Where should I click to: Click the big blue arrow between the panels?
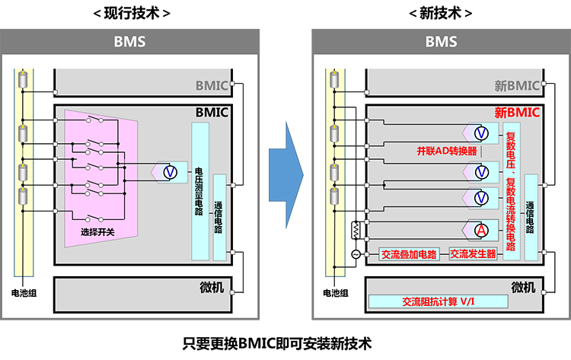pos(286,175)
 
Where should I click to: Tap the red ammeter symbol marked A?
pos(481,230)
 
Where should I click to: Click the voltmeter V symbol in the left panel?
pos(170,172)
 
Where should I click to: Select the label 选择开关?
pos(97,232)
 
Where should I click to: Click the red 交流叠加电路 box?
pos(409,254)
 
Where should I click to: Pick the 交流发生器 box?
pos(473,253)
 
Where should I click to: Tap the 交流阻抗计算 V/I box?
pos(438,301)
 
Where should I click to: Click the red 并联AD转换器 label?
pos(447,151)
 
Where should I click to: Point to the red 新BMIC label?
pos(517,113)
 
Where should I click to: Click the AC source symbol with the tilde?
pos(356,254)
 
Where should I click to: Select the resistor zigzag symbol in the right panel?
pos(356,230)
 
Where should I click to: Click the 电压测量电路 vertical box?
pos(200,191)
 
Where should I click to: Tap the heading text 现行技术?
pos(132,14)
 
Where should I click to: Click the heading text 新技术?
pos(441,14)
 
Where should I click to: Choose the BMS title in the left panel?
pos(129,42)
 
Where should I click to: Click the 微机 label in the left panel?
pos(212,287)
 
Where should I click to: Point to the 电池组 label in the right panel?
pos(336,293)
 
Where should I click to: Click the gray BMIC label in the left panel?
pos(212,85)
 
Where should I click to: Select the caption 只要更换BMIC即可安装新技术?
pos(277,343)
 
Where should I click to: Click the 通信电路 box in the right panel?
pos(531,218)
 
